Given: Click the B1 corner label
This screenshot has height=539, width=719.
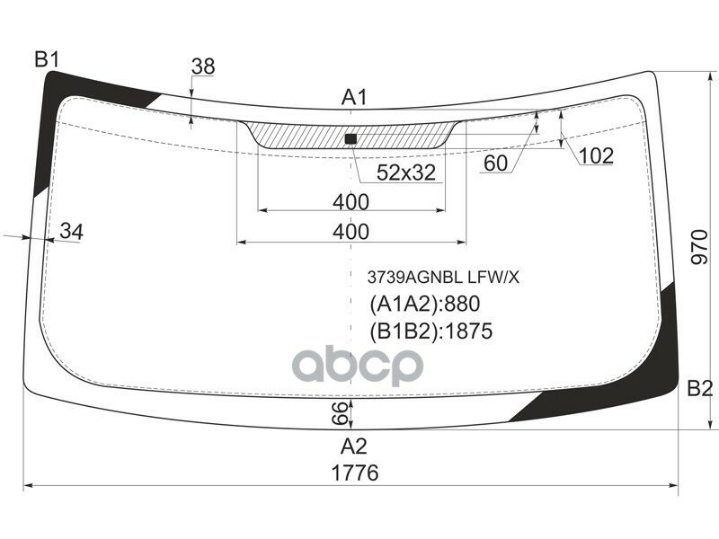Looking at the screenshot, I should coord(47,60).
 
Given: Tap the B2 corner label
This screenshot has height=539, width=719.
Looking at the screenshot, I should coord(699,389).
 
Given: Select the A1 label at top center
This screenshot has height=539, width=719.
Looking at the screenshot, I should coord(354,97).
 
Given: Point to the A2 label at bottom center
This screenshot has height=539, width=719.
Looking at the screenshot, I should coord(354,445).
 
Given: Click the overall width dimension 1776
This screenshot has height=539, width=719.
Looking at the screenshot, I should coord(353,473).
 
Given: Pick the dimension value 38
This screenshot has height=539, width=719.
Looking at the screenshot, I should coord(203,66).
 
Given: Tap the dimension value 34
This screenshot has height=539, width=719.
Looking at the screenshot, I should coord(71,232).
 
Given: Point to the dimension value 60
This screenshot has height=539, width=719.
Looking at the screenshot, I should coord(495,163).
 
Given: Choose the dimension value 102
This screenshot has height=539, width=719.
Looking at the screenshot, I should coord(595,156).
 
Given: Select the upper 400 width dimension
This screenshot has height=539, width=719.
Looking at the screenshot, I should coord(351,200).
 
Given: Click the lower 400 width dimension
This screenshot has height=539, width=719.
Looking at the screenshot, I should coord(351,232).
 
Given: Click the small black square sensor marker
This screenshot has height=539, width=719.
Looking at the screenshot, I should coord(351,138).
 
